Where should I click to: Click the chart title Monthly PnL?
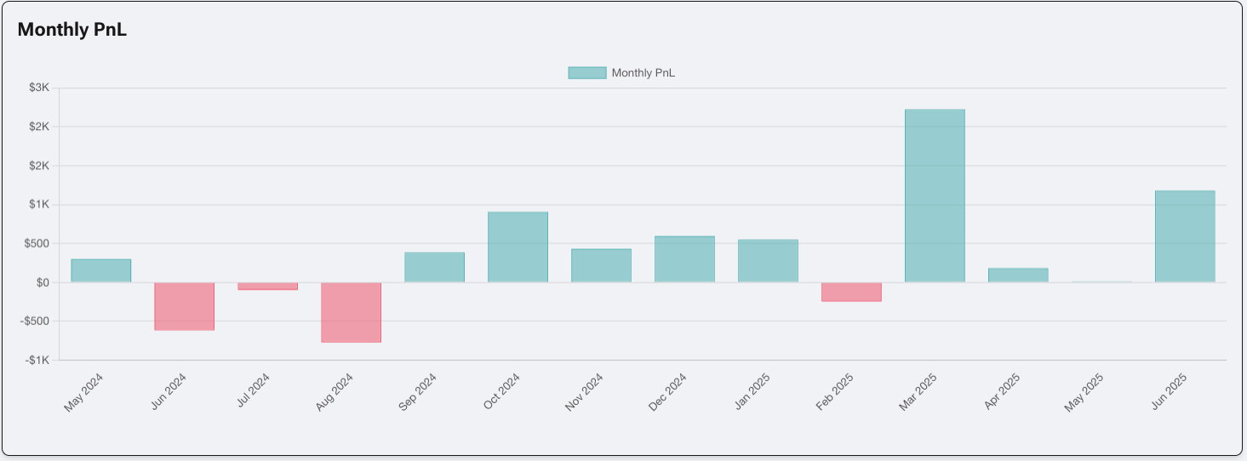pos(72,30)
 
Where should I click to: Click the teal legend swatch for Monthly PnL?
pos(586,73)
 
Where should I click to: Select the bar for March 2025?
pos(935,196)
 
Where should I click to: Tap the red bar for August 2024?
pos(351,312)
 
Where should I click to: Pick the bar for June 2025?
pos(1185,236)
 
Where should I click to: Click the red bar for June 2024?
pos(184,306)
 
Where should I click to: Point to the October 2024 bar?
pos(518,247)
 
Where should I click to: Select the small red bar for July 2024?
pos(267,287)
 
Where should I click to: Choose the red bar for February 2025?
pos(851,292)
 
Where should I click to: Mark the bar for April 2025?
pos(1018,276)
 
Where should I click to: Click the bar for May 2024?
pos(100,270)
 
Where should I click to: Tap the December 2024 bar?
pos(684,259)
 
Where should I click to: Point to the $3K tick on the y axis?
pos(39,88)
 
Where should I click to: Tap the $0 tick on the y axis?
pos(41,282)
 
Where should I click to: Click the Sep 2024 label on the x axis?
pos(418,392)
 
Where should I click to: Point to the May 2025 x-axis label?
pos(1084,393)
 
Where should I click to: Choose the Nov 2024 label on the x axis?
pos(585,392)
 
